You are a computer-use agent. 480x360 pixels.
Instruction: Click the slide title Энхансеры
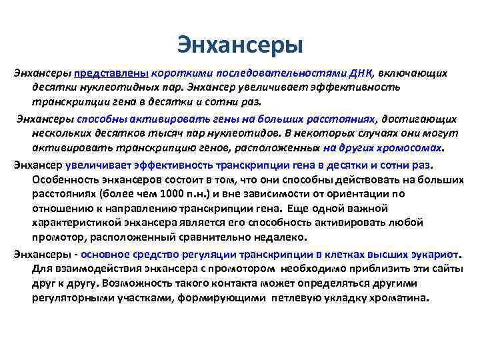(240, 45)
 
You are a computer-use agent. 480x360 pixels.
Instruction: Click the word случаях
(339, 133)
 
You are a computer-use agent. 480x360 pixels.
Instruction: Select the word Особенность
(64, 179)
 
